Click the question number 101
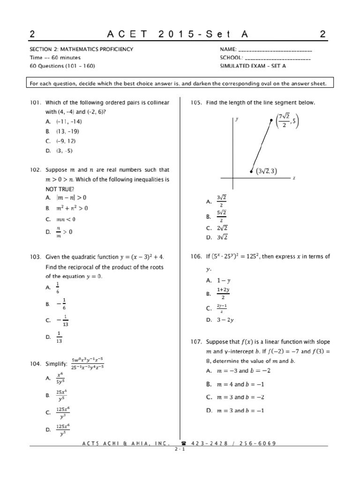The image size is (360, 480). click(x=36, y=103)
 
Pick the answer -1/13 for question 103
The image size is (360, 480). click(x=65, y=320)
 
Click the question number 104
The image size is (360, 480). click(x=36, y=363)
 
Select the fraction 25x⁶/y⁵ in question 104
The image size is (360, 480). click(x=61, y=395)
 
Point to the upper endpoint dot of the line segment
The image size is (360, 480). click(x=271, y=120)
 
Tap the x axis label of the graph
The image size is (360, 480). click(x=293, y=178)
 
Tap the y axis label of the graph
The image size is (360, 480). click(x=237, y=119)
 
